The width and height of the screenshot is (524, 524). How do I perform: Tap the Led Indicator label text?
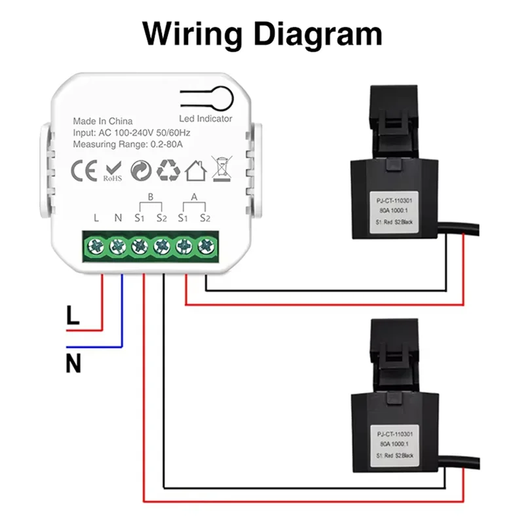[206, 119]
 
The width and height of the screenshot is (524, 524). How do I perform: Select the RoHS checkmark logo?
[111, 171]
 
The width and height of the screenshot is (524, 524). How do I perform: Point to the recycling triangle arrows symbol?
[168, 170]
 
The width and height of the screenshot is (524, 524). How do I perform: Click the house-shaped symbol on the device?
[195, 171]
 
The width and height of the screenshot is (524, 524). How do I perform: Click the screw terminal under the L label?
[96, 247]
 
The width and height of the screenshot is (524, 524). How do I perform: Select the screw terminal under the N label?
[118, 247]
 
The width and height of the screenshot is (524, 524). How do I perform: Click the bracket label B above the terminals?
[150, 196]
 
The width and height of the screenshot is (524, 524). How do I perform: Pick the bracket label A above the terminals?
[194, 196]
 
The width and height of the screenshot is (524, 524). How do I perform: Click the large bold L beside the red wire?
[73, 316]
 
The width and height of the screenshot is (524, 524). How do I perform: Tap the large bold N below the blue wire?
[73, 363]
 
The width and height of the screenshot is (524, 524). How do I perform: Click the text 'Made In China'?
[102, 121]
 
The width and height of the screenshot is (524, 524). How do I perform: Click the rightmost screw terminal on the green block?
[206, 247]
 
